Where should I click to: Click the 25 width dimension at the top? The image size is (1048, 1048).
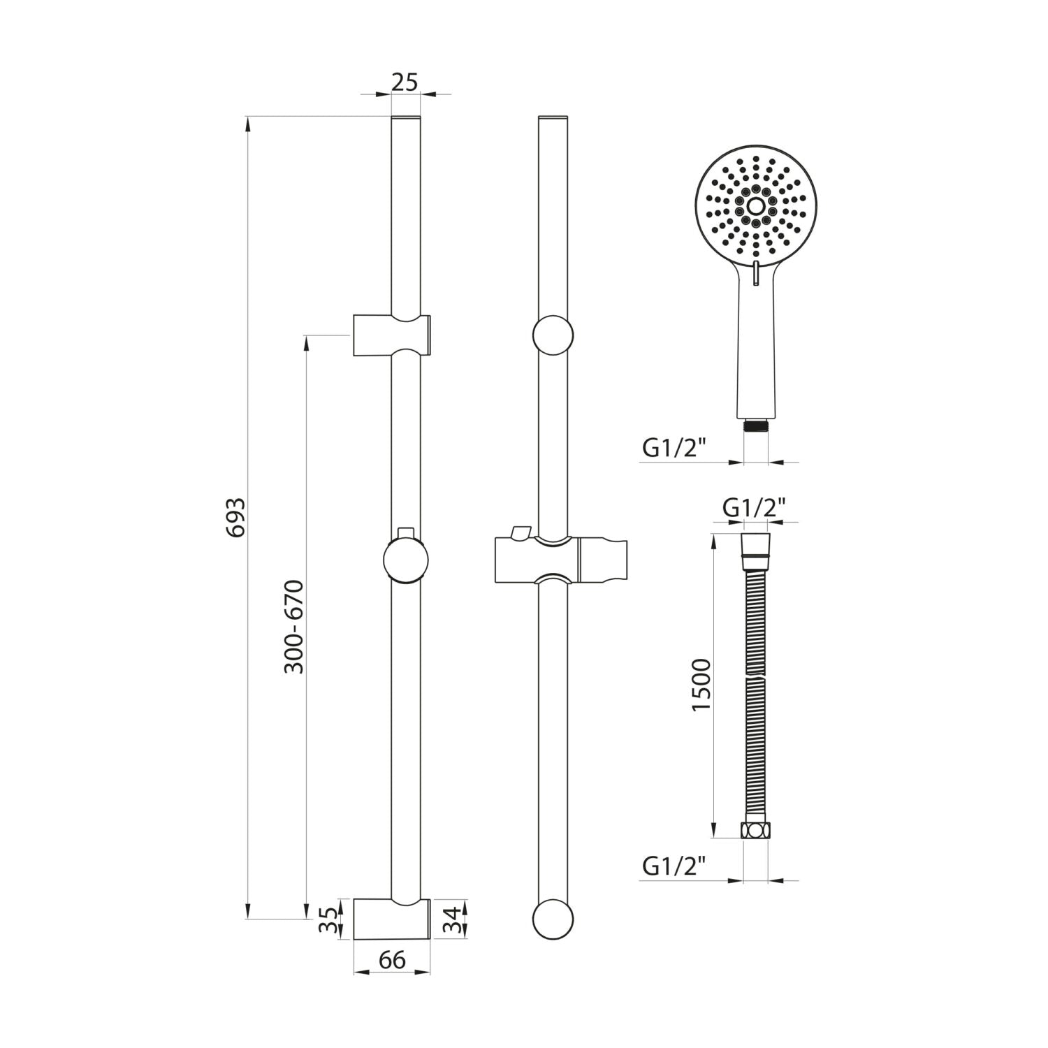pos(405,82)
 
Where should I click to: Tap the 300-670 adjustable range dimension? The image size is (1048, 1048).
pos(295,626)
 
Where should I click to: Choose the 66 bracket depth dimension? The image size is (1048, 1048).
pos(392,959)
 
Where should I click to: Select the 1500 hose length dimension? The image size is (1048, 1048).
pos(701,685)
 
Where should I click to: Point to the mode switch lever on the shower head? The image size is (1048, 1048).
pos(756,273)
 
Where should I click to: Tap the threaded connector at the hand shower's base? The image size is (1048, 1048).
pos(755,425)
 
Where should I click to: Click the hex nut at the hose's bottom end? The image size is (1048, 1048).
pos(755,831)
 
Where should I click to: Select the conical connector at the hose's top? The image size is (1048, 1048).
pos(755,545)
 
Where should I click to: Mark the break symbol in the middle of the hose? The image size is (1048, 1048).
pos(755,678)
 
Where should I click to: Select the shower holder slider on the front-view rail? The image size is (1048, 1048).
pos(559,559)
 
